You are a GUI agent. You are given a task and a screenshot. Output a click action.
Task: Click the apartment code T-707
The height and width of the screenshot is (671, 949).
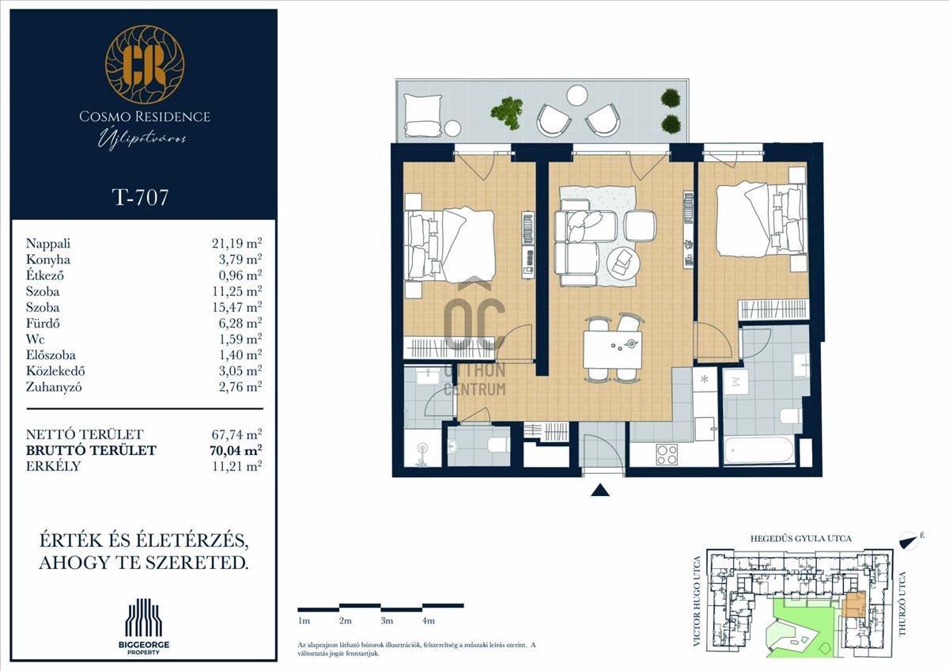point(140,197)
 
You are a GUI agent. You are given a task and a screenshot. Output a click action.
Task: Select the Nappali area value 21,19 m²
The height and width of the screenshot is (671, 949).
point(236,243)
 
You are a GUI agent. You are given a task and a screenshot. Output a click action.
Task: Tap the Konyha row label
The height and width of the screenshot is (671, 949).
point(48,259)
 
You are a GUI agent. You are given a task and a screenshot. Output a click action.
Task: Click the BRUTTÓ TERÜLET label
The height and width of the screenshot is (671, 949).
point(91,450)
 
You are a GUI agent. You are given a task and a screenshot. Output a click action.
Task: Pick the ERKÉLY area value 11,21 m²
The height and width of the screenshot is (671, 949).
point(236,466)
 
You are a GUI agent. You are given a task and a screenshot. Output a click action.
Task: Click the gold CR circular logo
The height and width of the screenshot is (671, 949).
point(145,64)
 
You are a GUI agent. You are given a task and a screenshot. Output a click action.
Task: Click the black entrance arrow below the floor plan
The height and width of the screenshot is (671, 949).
point(600,491)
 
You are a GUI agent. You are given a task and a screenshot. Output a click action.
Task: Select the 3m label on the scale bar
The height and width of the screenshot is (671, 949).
point(387,621)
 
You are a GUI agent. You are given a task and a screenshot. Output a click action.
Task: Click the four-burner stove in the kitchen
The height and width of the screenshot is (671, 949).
point(667,454)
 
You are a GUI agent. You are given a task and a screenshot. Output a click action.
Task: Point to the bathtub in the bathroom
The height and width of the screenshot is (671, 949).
point(758,450)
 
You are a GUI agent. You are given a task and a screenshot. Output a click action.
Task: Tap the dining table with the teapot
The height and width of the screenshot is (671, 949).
point(612,350)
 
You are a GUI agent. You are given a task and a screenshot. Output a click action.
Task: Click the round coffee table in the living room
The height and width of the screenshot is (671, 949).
point(622,263)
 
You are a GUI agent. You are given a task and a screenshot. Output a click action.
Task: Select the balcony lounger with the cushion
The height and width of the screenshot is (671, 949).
point(423,116)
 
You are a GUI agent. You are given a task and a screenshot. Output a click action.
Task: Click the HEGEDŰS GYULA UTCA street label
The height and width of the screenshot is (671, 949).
point(800,539)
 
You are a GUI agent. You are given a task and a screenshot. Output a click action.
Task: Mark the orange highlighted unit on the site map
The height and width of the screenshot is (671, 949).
point(853,610)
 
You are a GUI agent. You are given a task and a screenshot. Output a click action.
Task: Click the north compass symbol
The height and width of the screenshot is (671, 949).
point(908,540)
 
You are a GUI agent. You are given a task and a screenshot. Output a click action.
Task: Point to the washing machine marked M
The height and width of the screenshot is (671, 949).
point(735,381)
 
